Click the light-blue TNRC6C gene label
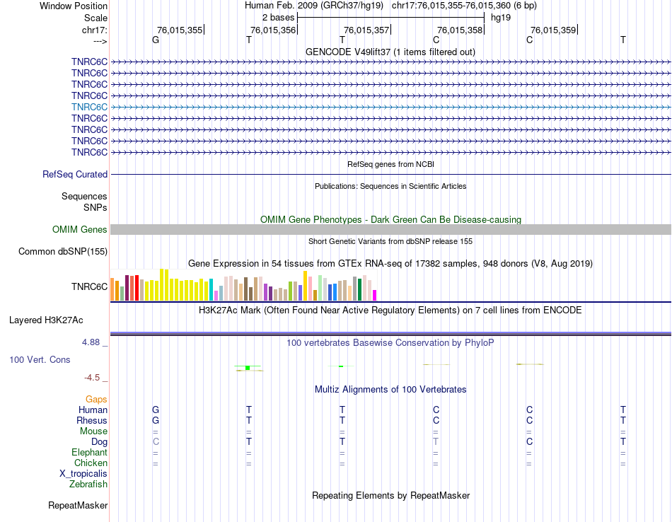89,107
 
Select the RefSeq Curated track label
75,174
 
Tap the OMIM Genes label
80,229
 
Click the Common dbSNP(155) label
63,251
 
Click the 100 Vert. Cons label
40,359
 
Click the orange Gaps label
96,399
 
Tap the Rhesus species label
92,420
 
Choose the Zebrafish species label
88,484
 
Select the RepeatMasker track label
78,505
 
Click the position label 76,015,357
366,30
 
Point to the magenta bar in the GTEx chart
375,295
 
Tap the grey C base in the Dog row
156,441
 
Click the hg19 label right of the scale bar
501,17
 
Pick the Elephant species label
89,452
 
